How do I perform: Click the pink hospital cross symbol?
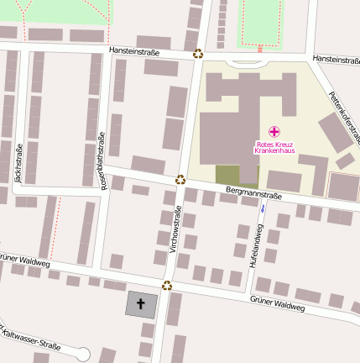(x=274, y=131)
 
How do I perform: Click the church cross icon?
(x=140, y=303)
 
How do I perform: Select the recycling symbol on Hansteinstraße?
(x=198, y=54)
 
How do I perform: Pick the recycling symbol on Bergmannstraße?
(x=180, y=179)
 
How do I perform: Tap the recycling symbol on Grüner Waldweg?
(x=167, y=286)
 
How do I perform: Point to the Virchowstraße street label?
(x=175, y=229)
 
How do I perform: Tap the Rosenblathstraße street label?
(x=104, y=160)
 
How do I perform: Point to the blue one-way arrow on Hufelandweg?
(x=263, y=208)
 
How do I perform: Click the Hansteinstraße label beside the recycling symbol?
(x=134, y=51)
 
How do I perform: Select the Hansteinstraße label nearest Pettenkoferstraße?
(x=336, y=59)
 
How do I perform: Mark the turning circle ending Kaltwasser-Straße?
(x=82, y=353)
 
